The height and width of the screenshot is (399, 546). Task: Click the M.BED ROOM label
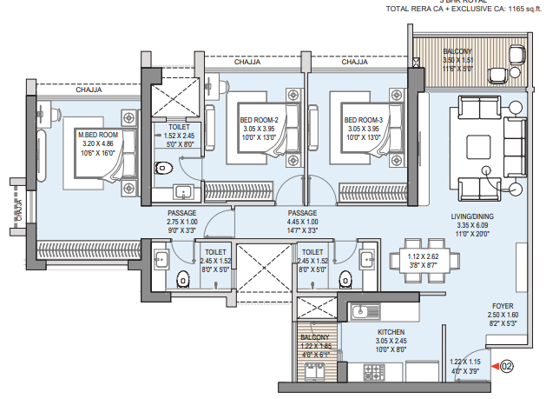[98, 135]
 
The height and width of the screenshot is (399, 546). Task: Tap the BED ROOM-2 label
[259, 120]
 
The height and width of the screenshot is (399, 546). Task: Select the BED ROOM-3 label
[363, 120]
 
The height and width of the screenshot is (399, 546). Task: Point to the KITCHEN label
[392, 332]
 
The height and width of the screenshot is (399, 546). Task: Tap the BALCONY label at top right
[457, 52]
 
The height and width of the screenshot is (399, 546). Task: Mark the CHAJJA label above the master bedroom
[89, 90]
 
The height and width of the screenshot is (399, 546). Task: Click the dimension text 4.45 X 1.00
[302, 222]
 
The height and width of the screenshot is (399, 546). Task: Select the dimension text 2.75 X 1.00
[182, 222]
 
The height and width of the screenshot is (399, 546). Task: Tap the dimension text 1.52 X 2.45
[179, 136]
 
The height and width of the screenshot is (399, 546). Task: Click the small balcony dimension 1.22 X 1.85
[315, 346]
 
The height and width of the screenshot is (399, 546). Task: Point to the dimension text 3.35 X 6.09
[472, 225]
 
